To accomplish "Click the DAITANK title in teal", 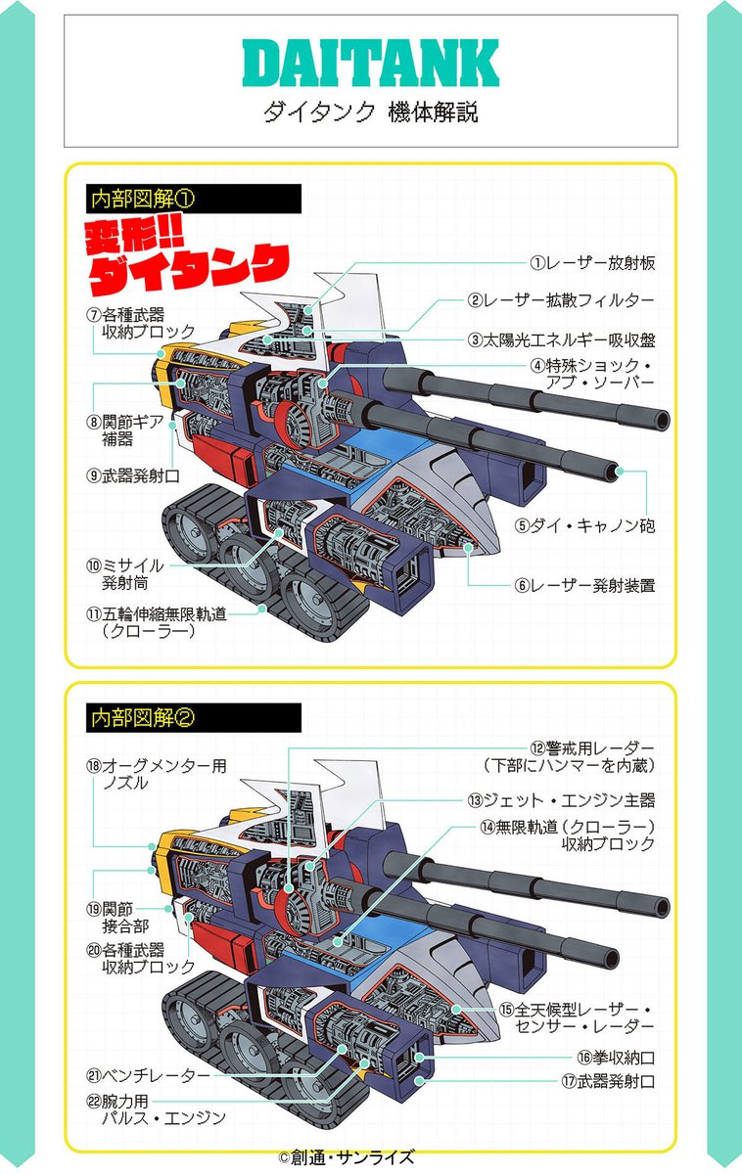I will pos(370,64).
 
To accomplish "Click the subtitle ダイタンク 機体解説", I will pos(370,113).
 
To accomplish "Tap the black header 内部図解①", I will pos(143,198).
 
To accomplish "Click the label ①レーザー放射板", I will pos(592,262).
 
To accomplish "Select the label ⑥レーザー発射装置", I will pos(585,585).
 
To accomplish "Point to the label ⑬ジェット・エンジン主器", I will pos(560,800).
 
